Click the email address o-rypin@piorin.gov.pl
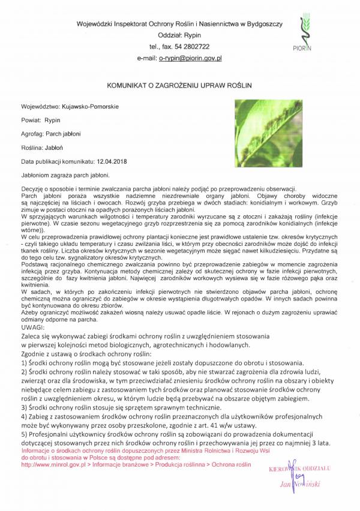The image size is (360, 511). coord(190,59)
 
